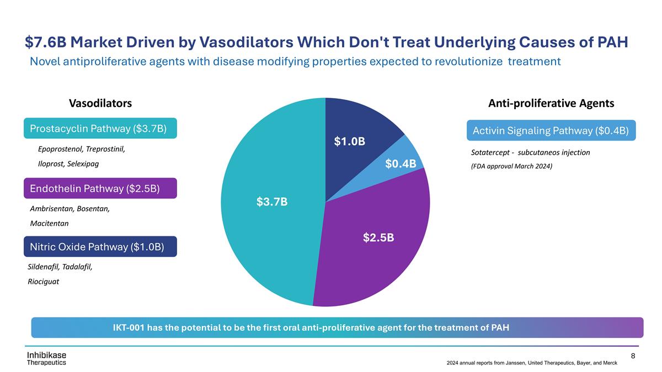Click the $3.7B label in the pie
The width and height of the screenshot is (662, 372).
[271, 202]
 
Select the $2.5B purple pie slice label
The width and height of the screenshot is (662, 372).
[378, 238]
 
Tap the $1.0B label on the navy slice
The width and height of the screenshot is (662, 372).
[349, 141]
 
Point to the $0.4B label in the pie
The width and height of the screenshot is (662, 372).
[401, 163]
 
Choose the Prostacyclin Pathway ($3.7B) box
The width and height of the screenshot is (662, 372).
[100, 128]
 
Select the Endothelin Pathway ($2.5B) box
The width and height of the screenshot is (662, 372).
[100, 188]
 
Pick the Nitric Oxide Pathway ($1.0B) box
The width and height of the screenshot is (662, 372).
[100, 246]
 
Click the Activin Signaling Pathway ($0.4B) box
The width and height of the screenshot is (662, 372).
[551, 130]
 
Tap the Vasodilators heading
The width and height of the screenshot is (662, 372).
[100, 103]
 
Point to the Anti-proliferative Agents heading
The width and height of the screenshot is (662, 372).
[551, 103]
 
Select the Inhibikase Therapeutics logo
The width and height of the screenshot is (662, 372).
[46, 357]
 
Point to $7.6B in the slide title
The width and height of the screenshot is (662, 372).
[44, 42]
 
